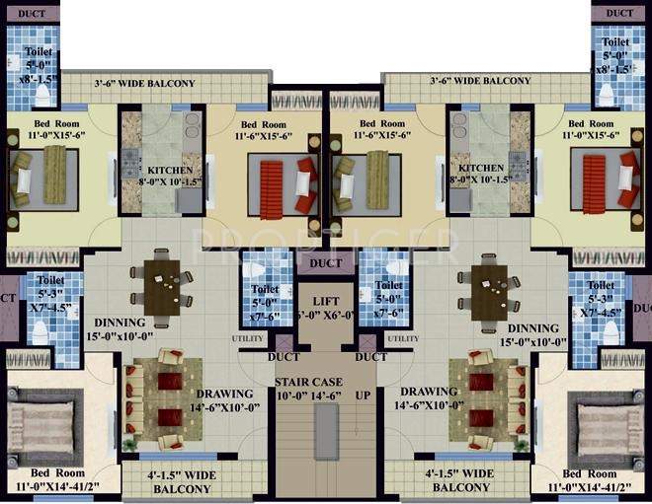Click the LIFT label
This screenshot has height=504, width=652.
(x=326, y=301)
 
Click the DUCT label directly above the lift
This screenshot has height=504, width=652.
(x=326, y=263)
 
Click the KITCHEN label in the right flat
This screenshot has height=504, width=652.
(x=481, y=169)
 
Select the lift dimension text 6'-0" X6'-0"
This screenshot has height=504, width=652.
(x=326, y=315)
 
